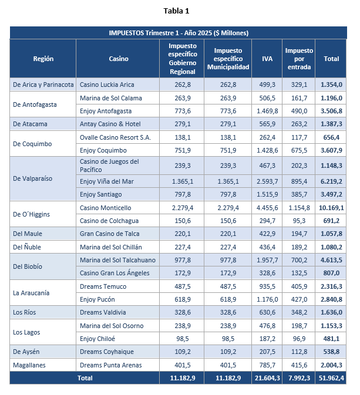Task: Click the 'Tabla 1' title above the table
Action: (176, 11)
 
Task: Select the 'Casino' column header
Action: (119, 59)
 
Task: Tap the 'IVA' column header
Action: (267, 59)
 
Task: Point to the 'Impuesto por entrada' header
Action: (299, 59)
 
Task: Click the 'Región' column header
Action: (43, 59)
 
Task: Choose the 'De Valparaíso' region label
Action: (33, 178)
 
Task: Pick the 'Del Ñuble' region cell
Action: (27, 247)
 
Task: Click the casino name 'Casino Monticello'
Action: (105, 208)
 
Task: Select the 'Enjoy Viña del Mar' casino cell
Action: (107, 181)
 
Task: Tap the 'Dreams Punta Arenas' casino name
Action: (110, 365)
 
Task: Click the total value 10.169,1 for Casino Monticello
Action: (331, 208)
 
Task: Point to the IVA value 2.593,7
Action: (267, 181)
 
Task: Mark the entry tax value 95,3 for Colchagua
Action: (299, 221)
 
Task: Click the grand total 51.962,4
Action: (331, 378)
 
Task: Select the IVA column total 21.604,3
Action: (267, 378)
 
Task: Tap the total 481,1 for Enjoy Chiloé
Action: (331, 339)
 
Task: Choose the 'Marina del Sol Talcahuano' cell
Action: (117, 260)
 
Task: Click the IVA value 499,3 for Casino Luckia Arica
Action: (267, 85)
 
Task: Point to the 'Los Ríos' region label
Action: (25, 312)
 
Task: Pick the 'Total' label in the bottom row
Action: (85, 378)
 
